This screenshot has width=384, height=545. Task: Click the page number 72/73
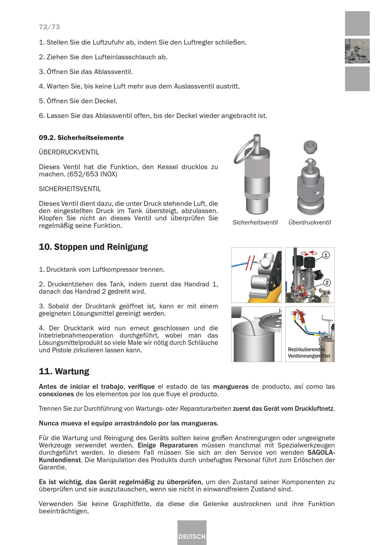coord(49,27)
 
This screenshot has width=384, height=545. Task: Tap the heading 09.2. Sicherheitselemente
coord(81,138)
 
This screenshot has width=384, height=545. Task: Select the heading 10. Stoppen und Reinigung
coord(93,247)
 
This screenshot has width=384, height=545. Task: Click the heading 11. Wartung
coord(64,371)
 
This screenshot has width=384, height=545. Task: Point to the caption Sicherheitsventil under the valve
coord(255,223)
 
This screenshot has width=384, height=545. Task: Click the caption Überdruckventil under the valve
coord(310,223)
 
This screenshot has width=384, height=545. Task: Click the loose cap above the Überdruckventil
coord(310,147)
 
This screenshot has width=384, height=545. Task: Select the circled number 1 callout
coord(326,255)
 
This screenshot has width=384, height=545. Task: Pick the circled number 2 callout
coord(327,283)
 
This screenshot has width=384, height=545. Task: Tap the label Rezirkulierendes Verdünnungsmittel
coord(309,353)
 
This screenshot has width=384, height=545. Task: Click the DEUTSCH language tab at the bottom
coord(192,536)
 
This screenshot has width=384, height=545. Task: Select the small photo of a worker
coord(357,51)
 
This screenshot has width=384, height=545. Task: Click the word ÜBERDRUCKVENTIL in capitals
coord(69,152)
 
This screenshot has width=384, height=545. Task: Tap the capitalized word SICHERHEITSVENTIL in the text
coord(70,189)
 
